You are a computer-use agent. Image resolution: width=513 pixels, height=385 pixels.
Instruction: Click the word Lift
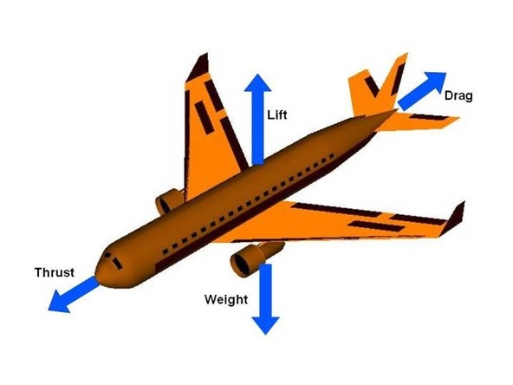click(277, 115)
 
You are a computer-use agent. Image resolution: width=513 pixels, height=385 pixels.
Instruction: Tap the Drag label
click(458, 96)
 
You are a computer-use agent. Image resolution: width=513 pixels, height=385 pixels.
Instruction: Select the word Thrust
click(55, 272)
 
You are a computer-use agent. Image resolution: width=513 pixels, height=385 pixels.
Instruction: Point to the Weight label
click(226, 299)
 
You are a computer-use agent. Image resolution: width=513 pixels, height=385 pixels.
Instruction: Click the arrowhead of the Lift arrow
click(258, 82)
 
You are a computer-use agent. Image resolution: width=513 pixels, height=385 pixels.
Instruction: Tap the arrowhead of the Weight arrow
click(266, 325)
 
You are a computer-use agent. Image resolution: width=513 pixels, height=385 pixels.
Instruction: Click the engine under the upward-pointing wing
click(170, 201)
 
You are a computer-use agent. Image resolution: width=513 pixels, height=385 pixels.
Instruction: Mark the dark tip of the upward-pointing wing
click(199, 67)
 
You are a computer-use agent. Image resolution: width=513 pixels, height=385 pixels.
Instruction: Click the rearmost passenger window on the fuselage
click(332, 156)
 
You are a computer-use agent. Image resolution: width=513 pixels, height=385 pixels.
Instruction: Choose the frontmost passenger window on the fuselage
click(166, 251)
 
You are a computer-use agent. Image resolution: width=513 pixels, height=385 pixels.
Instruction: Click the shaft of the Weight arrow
click(266, 290)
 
